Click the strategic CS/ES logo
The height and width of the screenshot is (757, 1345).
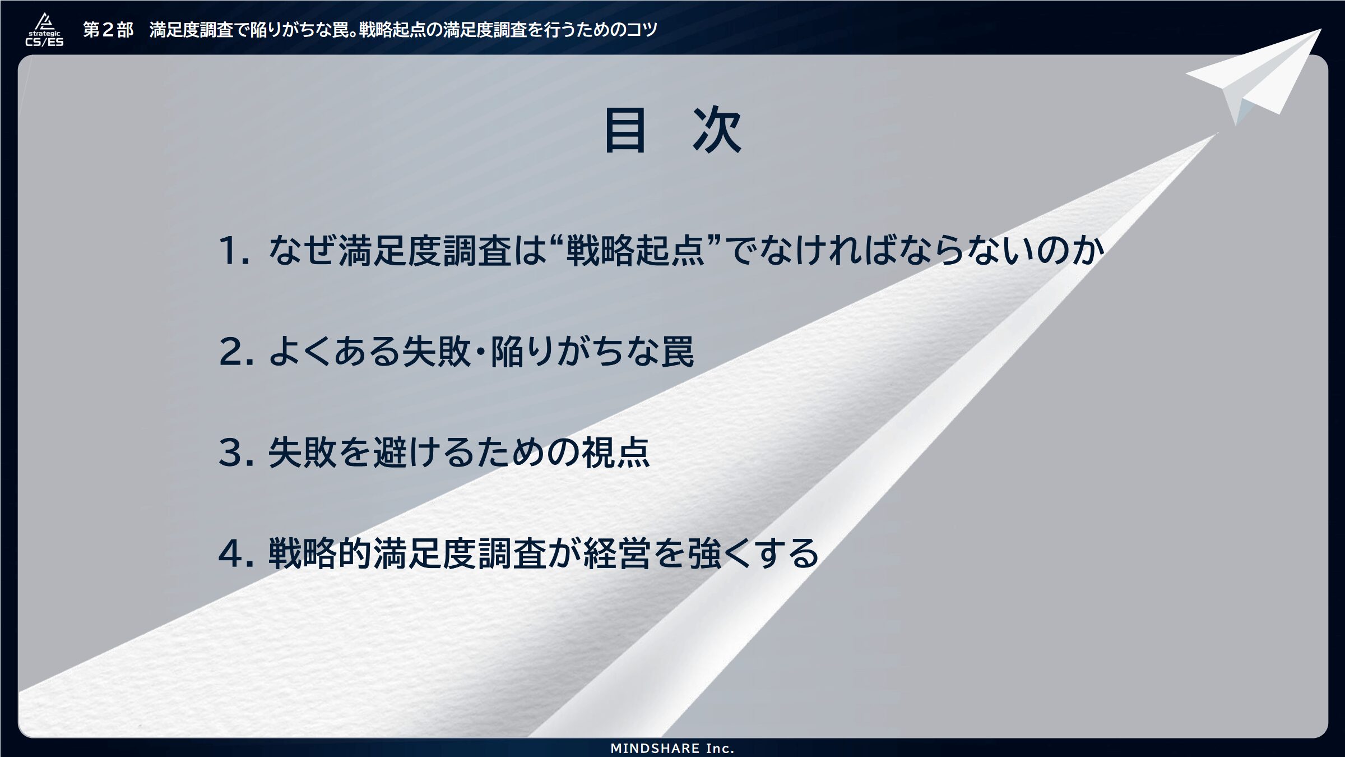point(44,30)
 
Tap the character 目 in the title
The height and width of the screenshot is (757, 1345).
point(624,130)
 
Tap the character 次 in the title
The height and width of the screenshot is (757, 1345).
point(717,130)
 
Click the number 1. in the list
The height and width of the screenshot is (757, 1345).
point(234,250)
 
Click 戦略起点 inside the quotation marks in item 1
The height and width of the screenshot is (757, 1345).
point(635,250)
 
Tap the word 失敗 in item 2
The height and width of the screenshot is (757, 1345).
point(436,352)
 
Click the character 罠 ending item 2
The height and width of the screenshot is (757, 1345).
point(678,352)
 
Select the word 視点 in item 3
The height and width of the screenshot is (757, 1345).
point(616,453)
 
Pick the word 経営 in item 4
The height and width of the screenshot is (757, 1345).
point(617,553)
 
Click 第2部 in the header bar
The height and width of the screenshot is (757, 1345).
point(108,30)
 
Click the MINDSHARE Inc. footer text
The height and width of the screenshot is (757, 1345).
point(672,748)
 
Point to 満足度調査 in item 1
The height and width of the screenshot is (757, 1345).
point(425,250)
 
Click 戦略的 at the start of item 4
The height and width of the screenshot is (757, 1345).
point(320,553)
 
